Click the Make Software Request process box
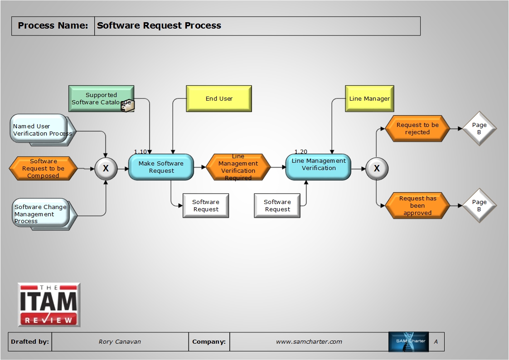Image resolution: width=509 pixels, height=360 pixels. tap(161, 167)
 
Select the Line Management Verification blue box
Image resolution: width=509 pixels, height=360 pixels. tap(318, 166)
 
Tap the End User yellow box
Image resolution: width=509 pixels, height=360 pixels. tap(219, 98)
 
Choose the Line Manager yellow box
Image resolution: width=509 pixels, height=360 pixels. tap(369, 98)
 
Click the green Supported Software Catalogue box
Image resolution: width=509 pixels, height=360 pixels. tap(101, 98)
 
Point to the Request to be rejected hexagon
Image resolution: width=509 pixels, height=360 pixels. tap(417, 129)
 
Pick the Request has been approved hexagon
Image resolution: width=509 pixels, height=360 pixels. tap(417, 205)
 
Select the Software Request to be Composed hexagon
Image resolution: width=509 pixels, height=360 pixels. tap(44, 168)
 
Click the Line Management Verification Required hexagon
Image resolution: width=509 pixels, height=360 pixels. tap(238, 167)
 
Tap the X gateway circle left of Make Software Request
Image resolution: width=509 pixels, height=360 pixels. tap(106, 168)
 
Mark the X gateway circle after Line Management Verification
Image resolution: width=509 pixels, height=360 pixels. tap(376, 168)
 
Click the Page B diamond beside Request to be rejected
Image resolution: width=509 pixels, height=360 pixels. tap(479, 129)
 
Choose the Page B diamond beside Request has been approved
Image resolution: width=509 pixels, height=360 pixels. tap(479, 206)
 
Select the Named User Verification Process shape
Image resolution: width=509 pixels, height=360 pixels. tap(41, 130)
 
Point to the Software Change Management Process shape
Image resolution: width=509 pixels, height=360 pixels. tap(41, 214)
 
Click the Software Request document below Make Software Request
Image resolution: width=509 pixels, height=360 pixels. tap(206, 206)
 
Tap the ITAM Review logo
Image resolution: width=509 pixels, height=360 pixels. tap(49, 305)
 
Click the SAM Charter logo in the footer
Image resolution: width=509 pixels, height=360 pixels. tap(408, 342)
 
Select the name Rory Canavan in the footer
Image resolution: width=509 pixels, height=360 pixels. tap(120, 342)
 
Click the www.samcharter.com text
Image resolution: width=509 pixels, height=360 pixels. tap(309, 342)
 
